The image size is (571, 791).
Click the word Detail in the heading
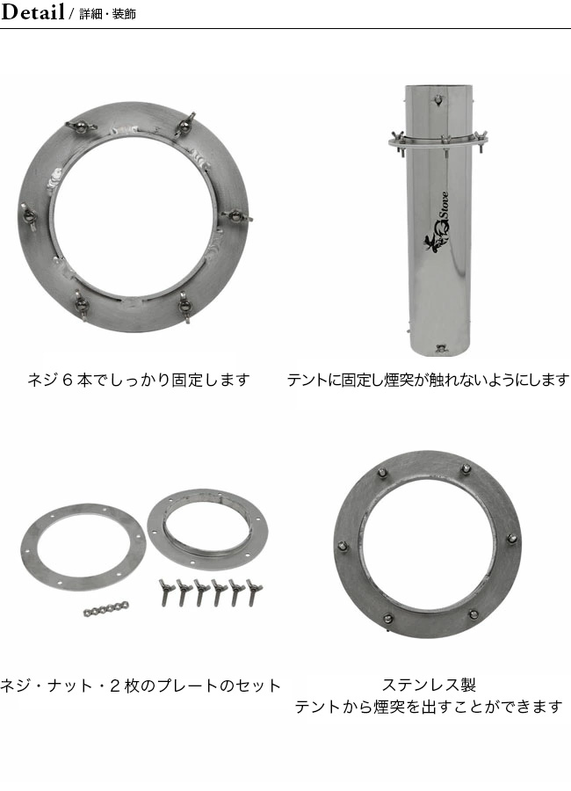(x=33, y=12)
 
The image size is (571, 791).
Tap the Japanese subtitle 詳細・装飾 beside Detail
(x=107, y=15)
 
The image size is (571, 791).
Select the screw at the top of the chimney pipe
(x=437, y=102)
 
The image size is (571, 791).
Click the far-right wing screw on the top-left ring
(x=237, y=214)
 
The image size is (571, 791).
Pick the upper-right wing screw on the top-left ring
(x=186, y=122)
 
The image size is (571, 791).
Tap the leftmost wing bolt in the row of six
(x=164, y=591)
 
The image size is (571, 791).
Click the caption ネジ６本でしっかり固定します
(x=139, y=380)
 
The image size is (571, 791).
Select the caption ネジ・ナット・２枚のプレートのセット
(x=141, y=686)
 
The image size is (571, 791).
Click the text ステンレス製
(x=429, y=685)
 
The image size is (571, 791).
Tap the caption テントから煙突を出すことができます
(x=429, y=706)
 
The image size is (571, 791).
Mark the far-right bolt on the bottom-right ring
(x=512, y=539)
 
